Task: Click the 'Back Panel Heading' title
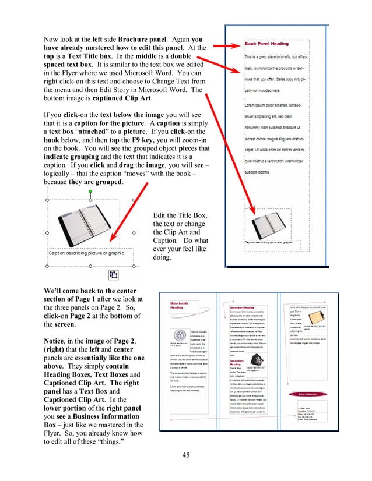pyautogui.click(x=266, y=44)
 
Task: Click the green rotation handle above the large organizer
pyautogui.click(x=90, y=192)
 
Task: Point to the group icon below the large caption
pyautogui.click(x=113, y=274)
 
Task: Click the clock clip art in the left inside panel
pyautogui.click(x=180, y=335)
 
